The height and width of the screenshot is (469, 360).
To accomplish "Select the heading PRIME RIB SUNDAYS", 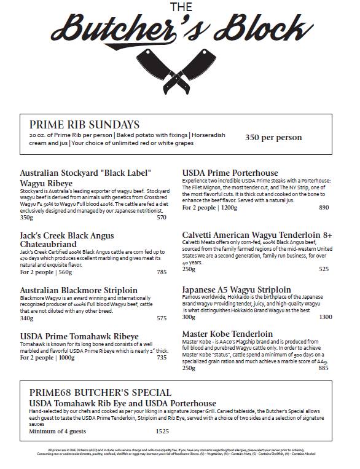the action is [x=84, y=124].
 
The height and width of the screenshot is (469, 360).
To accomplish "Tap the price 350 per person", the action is [x=273, y=138].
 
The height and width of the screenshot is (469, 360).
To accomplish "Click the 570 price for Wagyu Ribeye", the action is [x=162, y=217].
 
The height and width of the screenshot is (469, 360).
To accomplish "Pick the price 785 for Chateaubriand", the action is [x=162, y=272].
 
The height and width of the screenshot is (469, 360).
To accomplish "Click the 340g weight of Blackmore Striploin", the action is [x=26, y=318].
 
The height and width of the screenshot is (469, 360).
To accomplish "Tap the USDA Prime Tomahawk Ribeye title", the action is [x=79, y=336].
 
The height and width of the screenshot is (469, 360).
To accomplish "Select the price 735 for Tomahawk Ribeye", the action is [x=162, y=357].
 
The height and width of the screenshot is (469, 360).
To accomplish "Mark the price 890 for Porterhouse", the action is [x=324, y=207].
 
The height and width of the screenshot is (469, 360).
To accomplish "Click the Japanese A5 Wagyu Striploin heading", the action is [x=237, y=290].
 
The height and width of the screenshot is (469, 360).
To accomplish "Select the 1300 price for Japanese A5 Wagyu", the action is [x=326, y=317].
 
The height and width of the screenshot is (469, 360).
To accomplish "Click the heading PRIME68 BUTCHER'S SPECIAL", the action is [x=100, y=393].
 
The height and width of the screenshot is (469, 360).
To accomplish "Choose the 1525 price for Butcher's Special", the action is [x=162, y=432].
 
